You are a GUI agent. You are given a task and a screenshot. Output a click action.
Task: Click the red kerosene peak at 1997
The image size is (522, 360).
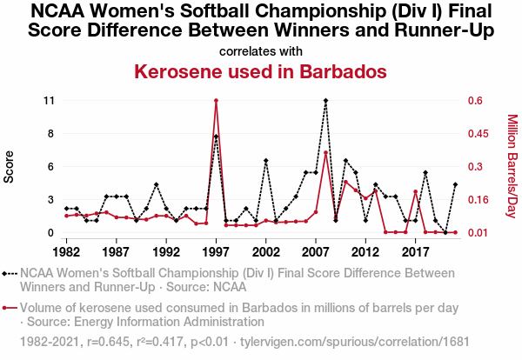216,101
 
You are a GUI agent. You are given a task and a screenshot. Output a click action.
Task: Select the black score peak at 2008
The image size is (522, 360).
325,101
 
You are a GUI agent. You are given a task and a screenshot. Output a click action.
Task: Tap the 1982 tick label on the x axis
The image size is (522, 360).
66,251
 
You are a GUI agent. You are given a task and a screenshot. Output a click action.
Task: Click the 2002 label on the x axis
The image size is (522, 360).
265,251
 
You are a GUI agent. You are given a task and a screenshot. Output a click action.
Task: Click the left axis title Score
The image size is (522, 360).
10,166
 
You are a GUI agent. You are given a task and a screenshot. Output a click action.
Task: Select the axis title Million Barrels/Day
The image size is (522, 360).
512,166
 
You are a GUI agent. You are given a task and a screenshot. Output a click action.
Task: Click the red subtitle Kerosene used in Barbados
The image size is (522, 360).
261,70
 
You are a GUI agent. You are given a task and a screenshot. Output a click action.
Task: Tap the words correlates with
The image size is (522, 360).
261,50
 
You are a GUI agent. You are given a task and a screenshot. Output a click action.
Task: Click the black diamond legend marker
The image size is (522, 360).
10,273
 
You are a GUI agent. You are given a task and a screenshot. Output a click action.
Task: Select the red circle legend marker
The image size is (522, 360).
10,307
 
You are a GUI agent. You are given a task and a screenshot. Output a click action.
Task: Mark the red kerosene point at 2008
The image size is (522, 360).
325,153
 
